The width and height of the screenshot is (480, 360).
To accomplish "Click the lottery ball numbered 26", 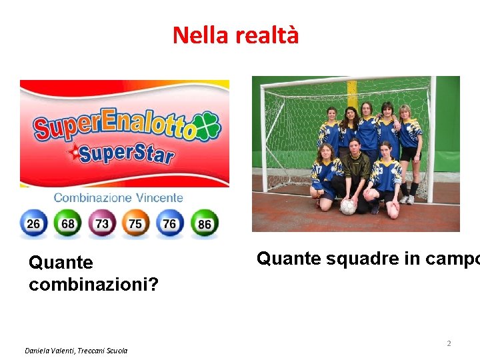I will point(33,223).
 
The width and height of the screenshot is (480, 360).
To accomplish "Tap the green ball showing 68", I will point(67,223).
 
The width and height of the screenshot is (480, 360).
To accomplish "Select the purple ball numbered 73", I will point(101,223).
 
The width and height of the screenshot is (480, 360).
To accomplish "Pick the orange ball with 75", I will point(135,223).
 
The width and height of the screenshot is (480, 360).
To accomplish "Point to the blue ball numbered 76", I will point(169,223).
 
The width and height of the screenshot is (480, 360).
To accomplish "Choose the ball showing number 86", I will point(203,223).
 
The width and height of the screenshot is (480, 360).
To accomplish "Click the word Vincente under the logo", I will point(159,197).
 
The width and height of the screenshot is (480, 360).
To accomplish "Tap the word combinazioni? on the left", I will point(93,285).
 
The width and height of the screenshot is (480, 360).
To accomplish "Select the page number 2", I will point(449,343).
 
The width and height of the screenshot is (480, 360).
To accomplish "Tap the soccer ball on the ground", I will point(348,206).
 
